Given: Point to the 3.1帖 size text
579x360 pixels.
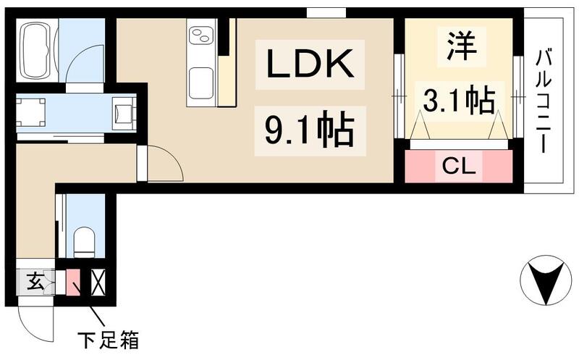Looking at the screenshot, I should (458, 101).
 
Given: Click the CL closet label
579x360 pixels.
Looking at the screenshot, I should (459, 167).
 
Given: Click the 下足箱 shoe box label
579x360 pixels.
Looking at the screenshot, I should (108, 338).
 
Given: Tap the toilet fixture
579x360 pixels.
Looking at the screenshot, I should (85, 242).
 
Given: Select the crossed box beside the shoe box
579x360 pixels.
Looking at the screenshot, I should (98, 282).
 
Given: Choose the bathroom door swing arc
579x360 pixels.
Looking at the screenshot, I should (84, 65).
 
